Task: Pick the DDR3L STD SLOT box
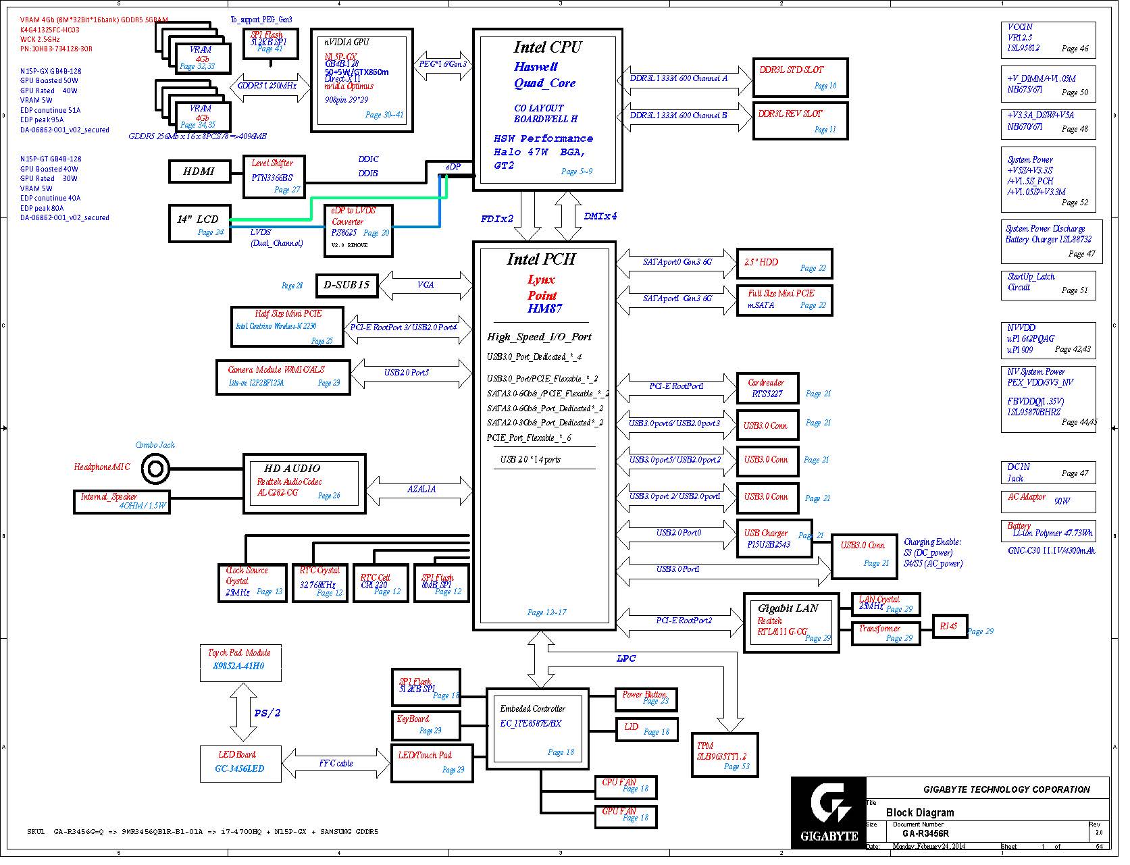pos(800,78)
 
